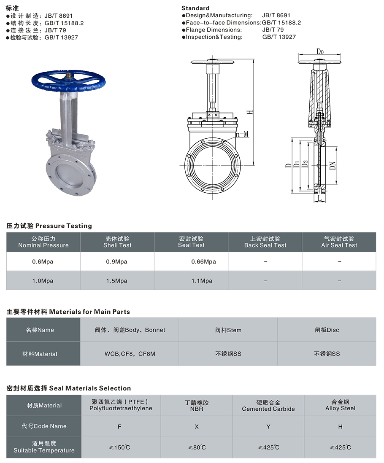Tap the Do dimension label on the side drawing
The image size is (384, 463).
320,52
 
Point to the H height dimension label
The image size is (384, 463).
250,112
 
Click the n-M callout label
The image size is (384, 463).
242,134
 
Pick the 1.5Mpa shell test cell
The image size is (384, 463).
117,281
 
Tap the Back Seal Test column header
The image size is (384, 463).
265,242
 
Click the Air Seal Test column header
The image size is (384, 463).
339,242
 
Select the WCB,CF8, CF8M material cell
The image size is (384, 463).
130,354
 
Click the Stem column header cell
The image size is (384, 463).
228,330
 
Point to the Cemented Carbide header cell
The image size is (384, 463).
268,406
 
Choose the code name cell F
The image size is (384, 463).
119,426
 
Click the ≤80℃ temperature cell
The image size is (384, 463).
197,447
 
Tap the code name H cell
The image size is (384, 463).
340,426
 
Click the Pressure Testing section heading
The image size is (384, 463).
49,226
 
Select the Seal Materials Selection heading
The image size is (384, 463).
69,388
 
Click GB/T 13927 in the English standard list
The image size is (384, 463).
279,37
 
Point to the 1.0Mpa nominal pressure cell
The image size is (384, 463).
43,281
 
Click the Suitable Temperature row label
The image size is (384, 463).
44,447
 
